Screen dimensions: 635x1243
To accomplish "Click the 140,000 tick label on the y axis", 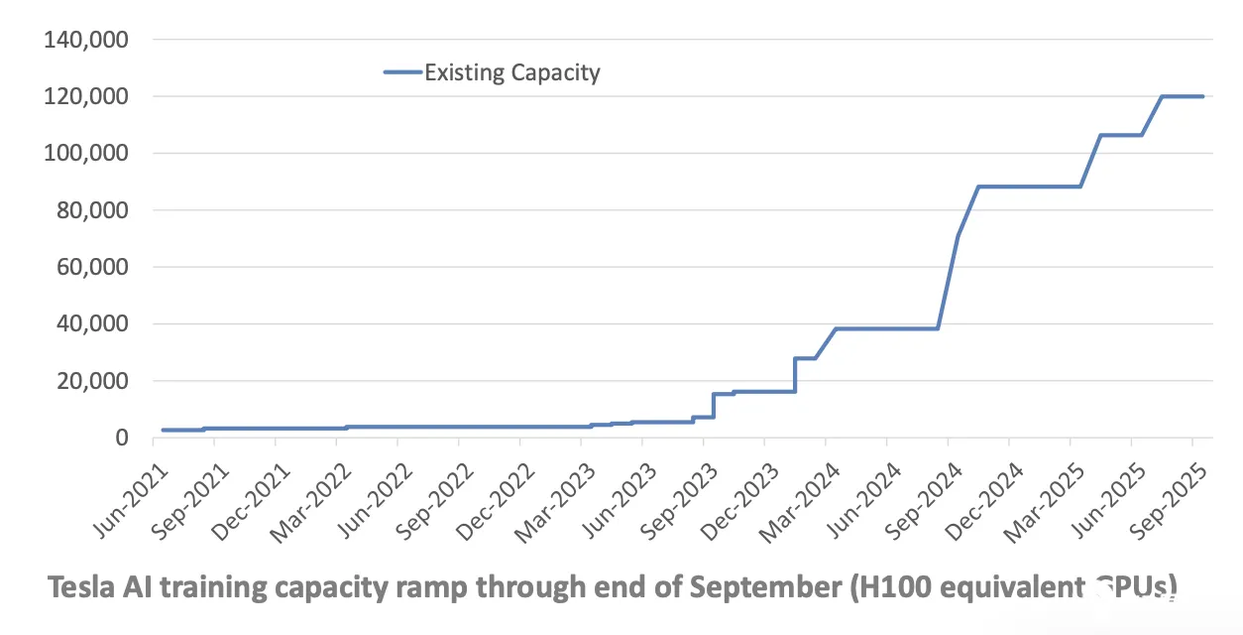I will click(x=86, y=41).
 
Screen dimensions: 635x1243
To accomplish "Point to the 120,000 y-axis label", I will click(x=86, y=97).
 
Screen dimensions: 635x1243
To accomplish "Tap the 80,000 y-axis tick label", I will click(x=92, y=210).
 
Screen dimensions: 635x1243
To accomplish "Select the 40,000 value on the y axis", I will click(x=92, y=324).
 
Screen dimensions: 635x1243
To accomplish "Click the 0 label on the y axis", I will click(x=122, y=438).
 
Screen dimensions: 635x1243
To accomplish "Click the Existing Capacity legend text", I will click(x=512, y=72).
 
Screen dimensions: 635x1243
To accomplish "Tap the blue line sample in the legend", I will click(x=401, y=71).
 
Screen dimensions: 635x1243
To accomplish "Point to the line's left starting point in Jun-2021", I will click(x=162, y=430).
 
